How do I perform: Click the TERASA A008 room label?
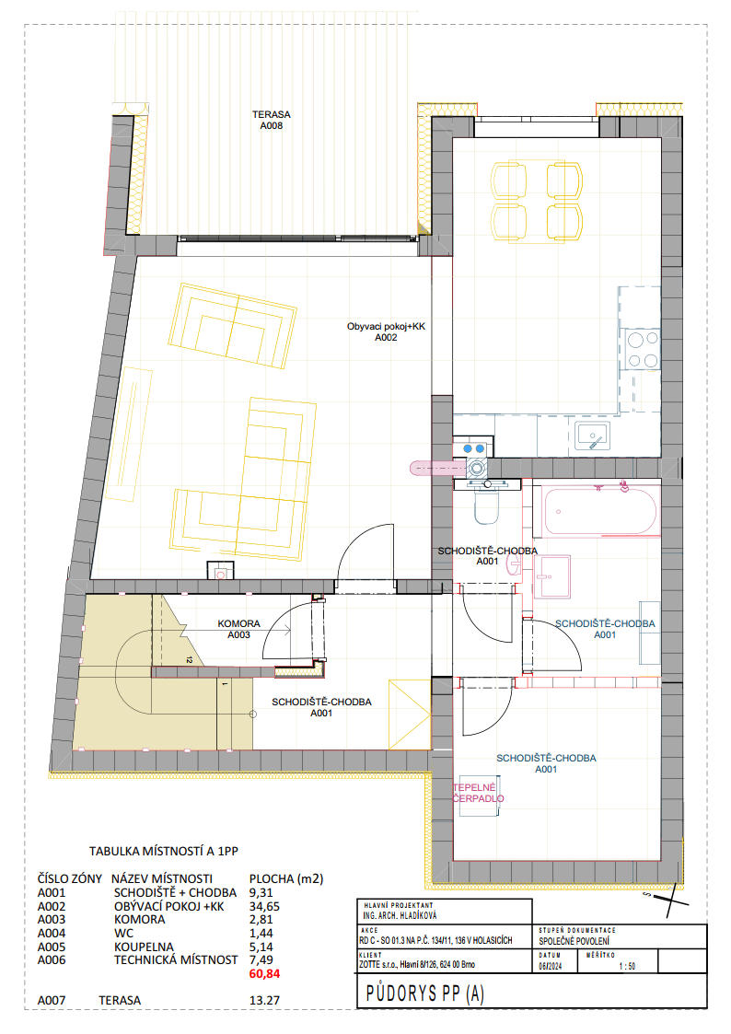coord(271,120)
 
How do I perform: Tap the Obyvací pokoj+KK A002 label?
coord(386,331)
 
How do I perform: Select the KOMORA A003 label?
coord(238,629)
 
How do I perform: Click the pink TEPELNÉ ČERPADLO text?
coord(479,794)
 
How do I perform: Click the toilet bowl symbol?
coord(486,506)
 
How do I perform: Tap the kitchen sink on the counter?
coord(592,436)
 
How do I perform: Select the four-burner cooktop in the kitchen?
coord(642,350)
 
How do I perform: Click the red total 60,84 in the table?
coord(264,973)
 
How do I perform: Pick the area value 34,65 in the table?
coord(264,907)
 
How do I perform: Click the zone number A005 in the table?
coord(52,947)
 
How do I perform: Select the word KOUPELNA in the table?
coord(144,947)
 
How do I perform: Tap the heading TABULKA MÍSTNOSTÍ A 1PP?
coord(164,852)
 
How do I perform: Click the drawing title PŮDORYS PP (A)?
coord(425,993)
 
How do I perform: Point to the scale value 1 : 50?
coord(627,967)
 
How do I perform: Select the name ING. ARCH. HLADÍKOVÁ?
coord(400,916)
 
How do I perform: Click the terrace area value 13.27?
coord(264,1000)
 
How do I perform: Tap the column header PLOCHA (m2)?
coord(286,879)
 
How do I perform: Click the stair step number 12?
coord(189,659)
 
